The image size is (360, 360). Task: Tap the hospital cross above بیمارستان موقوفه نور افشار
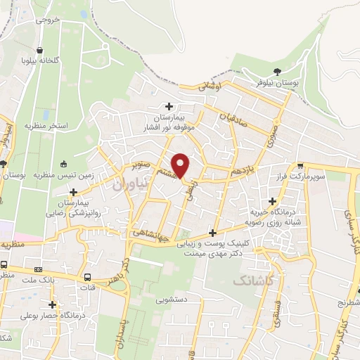point(169,106)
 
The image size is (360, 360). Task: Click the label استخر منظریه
point(46,126)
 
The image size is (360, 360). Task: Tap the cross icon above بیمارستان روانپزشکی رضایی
point(73,191)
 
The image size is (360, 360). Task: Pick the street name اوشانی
point(210,87)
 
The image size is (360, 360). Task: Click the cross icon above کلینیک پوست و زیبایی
point(212,233)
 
